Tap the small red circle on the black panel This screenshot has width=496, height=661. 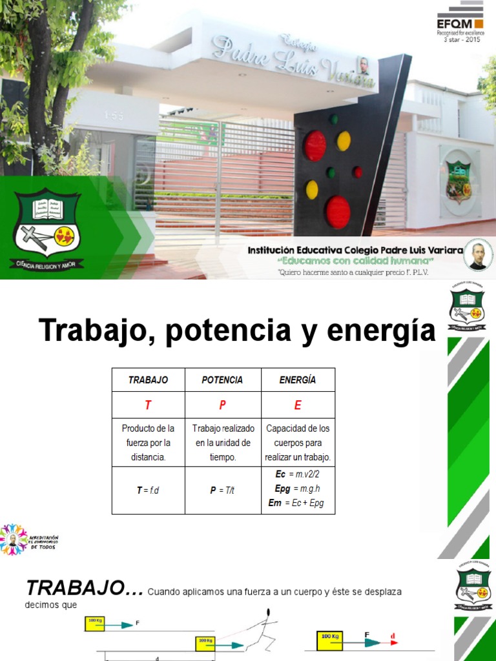pyautogui.click(x=357, y=172)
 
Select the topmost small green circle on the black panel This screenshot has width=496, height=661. pyautogui.click(x=334, y=119)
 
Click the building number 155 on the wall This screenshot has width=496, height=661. pyautogui.click(x=114, y=115)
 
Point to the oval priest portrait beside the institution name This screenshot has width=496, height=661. pyautogui.click(x=478, y=256)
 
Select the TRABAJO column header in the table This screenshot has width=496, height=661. pyautogui.click(x=148, y=380)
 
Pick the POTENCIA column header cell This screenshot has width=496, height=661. pyautogui.click(x=223, y=380)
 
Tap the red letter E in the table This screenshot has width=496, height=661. pyautogui.click(x=298, y=405)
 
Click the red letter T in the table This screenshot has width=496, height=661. pyautogui.click(x=148, y=405)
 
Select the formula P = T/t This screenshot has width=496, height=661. pyautogui.click(x=222, y=491)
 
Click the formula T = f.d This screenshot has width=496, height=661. pyautogui.click(x=148, y=491)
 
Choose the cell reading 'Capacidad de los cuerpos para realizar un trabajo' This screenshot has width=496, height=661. pyautogui.click(x=298, y=443)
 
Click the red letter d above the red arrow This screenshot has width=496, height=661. pyautogui.click(x=392, y=636)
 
